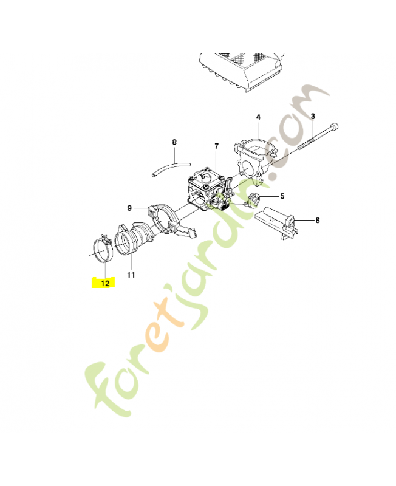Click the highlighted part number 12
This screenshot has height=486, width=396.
(105, 283)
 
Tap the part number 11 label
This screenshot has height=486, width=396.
(131, 275)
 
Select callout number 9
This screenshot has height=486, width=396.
(129, 208)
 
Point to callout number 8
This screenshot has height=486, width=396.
(174, 142)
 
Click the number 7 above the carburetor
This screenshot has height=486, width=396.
(216, 146)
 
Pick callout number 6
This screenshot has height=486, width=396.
(317, 221)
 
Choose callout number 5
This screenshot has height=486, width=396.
(282, 196)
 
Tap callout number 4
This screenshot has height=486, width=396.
(258, 117)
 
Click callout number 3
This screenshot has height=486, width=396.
(313, 116)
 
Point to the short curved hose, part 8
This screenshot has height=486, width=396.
(171, 168)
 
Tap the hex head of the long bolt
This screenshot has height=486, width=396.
(334, 127)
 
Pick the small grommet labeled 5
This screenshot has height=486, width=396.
(254, 199)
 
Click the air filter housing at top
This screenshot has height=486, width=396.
(242, 71)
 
